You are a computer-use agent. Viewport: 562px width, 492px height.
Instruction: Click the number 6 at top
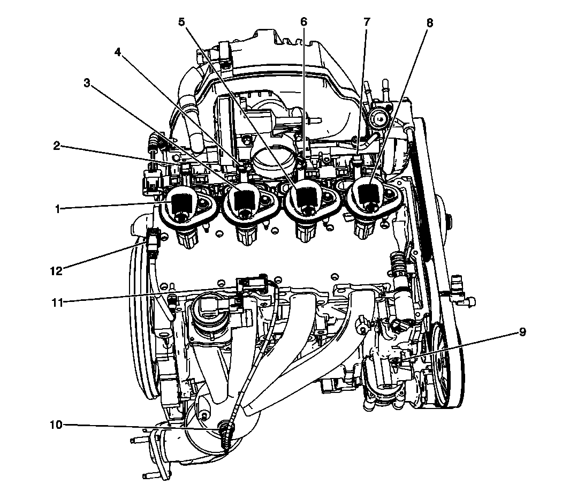304,22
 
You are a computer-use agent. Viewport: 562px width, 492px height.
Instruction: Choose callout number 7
367,22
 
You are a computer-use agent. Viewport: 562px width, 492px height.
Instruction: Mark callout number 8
430,23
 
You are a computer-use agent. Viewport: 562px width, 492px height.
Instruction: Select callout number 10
56,425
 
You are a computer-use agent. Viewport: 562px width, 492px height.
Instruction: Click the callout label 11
57,302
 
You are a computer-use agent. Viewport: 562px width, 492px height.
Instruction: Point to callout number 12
56,270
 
